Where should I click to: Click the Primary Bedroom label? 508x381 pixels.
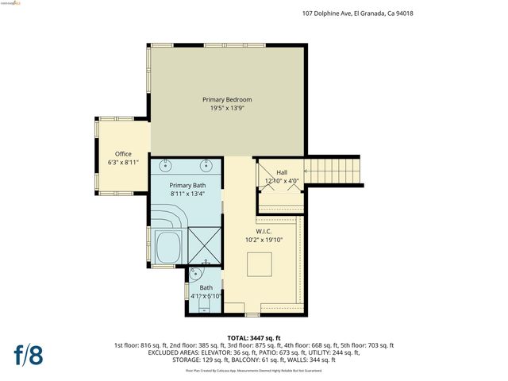pyautogui.click(x=227, y=99)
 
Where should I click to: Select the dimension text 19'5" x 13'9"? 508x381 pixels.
pyautogui.click(x=227, y=108)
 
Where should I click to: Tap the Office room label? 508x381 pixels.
pyautogui.click(x=123, y=154)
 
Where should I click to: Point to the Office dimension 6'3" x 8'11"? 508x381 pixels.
pyautogui.click(x=123, y=163)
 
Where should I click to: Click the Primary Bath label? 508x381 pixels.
pyautogui.click(x=187, y=185)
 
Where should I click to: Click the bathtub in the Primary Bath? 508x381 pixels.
pyautogui.click(x=167, y=248)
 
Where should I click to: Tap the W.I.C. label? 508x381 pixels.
pyautogui.click(x=264, y=231)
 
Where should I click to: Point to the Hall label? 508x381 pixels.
pyautogui.click(x=282, y=172)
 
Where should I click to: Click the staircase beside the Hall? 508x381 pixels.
pyautogui.click(x=333, y=170)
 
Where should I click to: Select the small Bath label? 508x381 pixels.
pyautogui.click(x=206, y=287)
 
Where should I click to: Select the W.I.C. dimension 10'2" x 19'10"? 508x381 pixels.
pyautogui.click(x=264, y=240)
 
